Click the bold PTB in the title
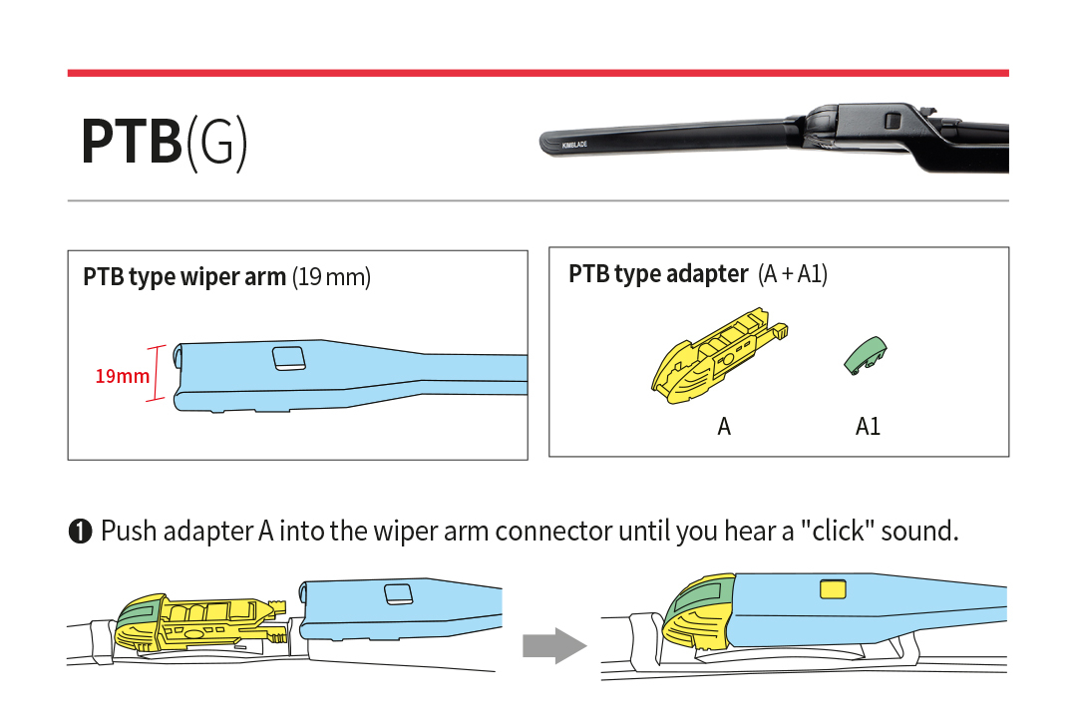point(131,143)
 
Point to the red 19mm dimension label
point(122,376)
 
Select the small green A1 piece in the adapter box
point(866,354)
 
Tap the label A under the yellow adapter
point(724,427)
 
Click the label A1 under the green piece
point(868,427)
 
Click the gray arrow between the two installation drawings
point(553,646)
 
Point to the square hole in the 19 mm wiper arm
point(289,358)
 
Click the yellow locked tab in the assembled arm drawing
point(833,589)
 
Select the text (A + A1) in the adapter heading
point(793,274)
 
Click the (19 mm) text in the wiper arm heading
point(331,277)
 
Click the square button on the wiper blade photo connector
point(893,120)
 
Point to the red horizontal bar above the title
point(538,73)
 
